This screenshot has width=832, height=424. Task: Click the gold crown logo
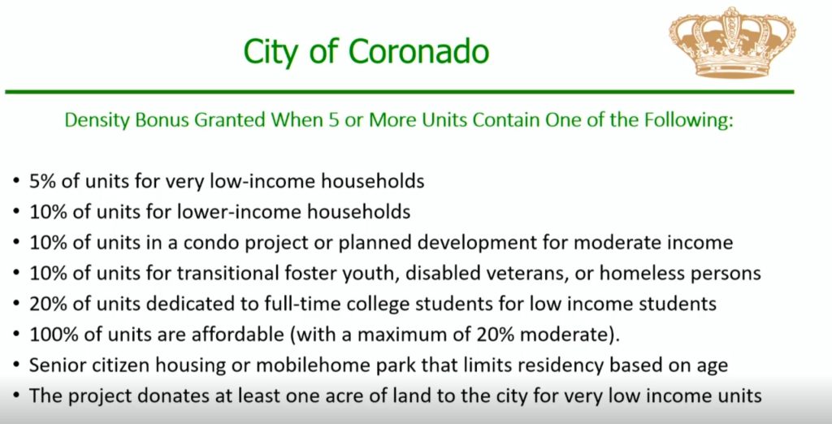[x=732, y=42]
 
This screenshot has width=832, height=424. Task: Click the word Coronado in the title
[x=418, y=51]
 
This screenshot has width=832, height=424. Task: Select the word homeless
[x=646, y=273]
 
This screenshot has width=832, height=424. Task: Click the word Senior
[x=58, y=365]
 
